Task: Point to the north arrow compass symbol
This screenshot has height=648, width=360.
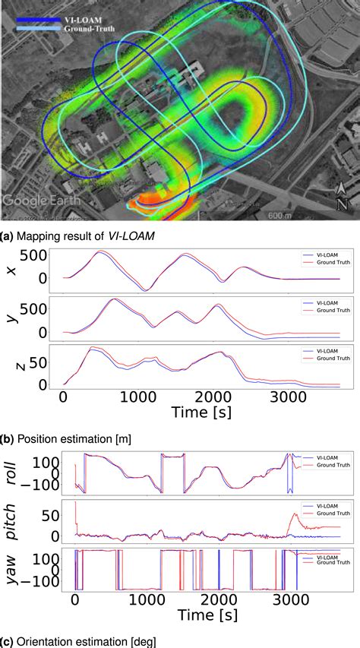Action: [x=342, y=196]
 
